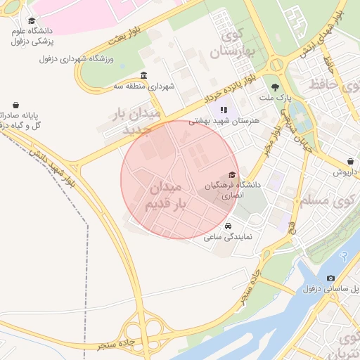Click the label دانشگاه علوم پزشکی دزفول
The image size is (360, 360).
31,37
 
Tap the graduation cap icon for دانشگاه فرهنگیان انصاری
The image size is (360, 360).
233,175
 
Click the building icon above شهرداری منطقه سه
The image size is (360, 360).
144,76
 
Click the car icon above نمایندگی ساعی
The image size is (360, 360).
229,226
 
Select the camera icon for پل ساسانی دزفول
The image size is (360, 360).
331,278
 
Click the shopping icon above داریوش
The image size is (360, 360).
351,161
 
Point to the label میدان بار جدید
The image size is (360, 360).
139,122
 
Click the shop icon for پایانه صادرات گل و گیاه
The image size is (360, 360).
15,105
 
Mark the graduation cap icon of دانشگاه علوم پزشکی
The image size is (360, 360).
31,22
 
